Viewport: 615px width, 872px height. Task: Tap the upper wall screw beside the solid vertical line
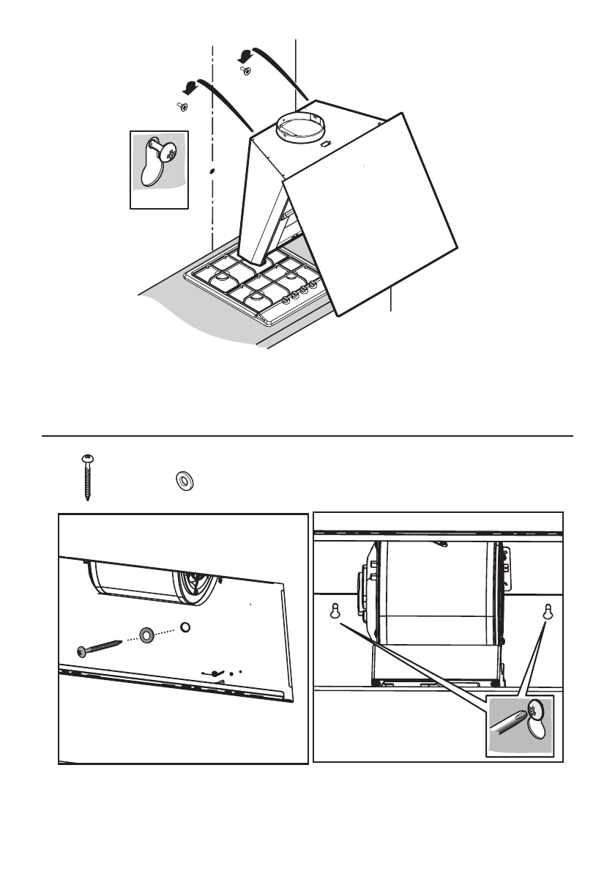[245, 70]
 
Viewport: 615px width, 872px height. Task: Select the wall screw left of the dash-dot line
[182, 107]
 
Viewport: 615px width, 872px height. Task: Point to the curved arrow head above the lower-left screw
[190, 88]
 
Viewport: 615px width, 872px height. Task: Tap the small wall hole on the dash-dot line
[212, 171]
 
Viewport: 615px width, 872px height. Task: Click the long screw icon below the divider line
[88, 477]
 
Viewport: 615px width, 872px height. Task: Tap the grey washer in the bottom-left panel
[146, 633]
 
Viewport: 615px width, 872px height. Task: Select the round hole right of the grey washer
[185, 627]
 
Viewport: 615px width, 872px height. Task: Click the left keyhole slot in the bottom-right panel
[336, 610]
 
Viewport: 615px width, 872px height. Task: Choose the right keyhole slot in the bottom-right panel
[547, 610]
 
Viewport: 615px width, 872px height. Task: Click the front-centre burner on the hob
[256, 298]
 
